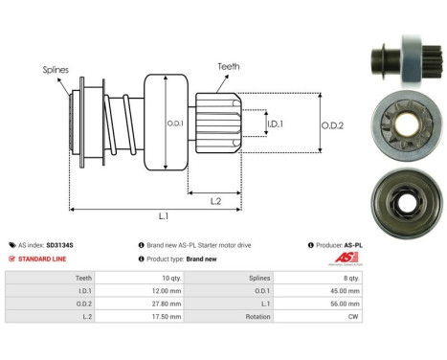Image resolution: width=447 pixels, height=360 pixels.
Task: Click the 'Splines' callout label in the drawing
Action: coord(55,69)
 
